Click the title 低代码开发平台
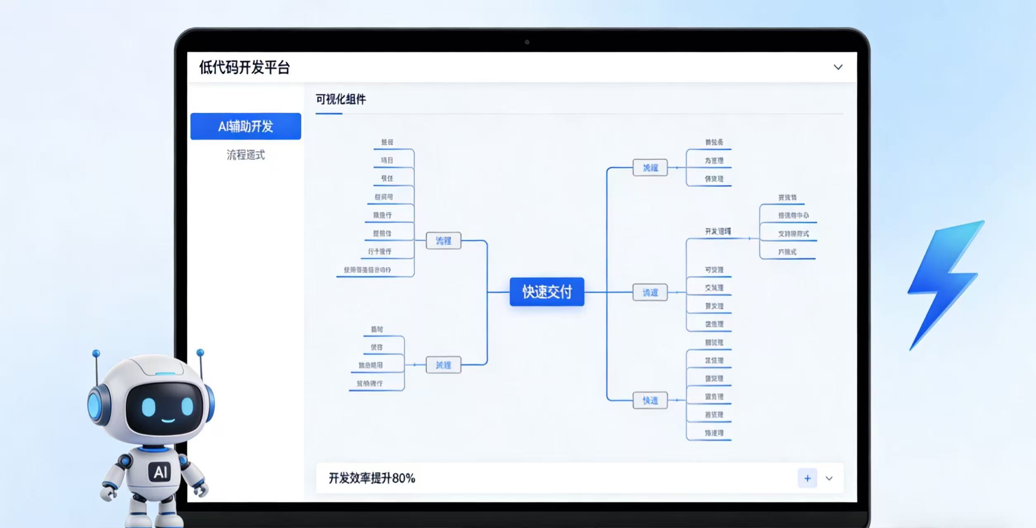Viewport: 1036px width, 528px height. tap(244, 67)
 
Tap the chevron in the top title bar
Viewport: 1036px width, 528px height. tap(838, 67)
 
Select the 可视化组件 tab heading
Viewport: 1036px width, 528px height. tap(341, 99)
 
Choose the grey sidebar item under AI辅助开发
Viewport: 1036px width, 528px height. tap(245, 155)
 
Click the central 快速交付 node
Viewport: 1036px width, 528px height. tap(547, 291)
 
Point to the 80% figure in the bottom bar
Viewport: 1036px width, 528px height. tap(403, 478)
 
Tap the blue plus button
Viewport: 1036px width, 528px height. tap(807, 478)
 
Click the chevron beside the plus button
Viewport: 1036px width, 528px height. tap(829, 478)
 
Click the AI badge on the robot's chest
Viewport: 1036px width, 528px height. tap(160, 471)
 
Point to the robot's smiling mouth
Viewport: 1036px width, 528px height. tap(168, 421)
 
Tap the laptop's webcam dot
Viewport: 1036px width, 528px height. tap(527, 42)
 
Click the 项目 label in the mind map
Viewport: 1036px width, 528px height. tap(387, 160)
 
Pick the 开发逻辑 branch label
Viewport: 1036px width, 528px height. tap(718, 231)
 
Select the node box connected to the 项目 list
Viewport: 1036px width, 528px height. tap(443, 241)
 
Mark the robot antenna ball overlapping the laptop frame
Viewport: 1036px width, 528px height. tap(200, 353)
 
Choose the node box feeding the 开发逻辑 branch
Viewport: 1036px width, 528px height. tap(650, 293)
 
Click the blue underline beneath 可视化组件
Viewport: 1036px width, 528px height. tap(329, 114)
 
